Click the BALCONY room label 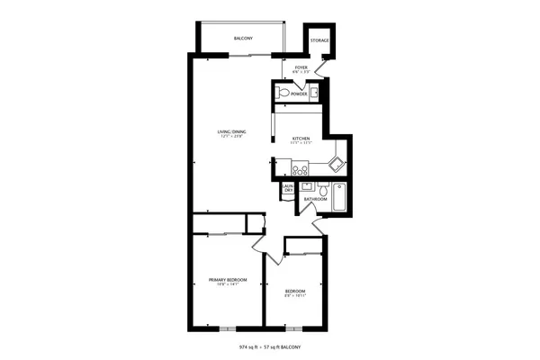pyautogui.click(x=243, y=38)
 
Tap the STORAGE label pyautogui.click(x=319, y=41)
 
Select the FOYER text pyautogui.click(x=301, y=67)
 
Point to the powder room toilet pyautogui.click(x=282, y=93)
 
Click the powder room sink pyautogui.click(x=315, y=92)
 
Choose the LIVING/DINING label pyautogui.click(x=232, y=132)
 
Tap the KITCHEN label pyautogui.click(x=301, y=139)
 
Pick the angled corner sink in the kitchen pyautogui.click(x=335, y=163)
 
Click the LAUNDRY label pyautogui.click(x=289, y=189)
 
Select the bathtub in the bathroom pyautogui.click(x=339, y=195)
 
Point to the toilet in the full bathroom pyautogui.click(x=322, y=190)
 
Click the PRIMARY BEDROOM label pyautogui.click(x=227, y=280)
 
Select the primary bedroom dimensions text pyautogui.click(x=227, y=285)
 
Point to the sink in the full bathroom pyautogui.click(x=306, y=186)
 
